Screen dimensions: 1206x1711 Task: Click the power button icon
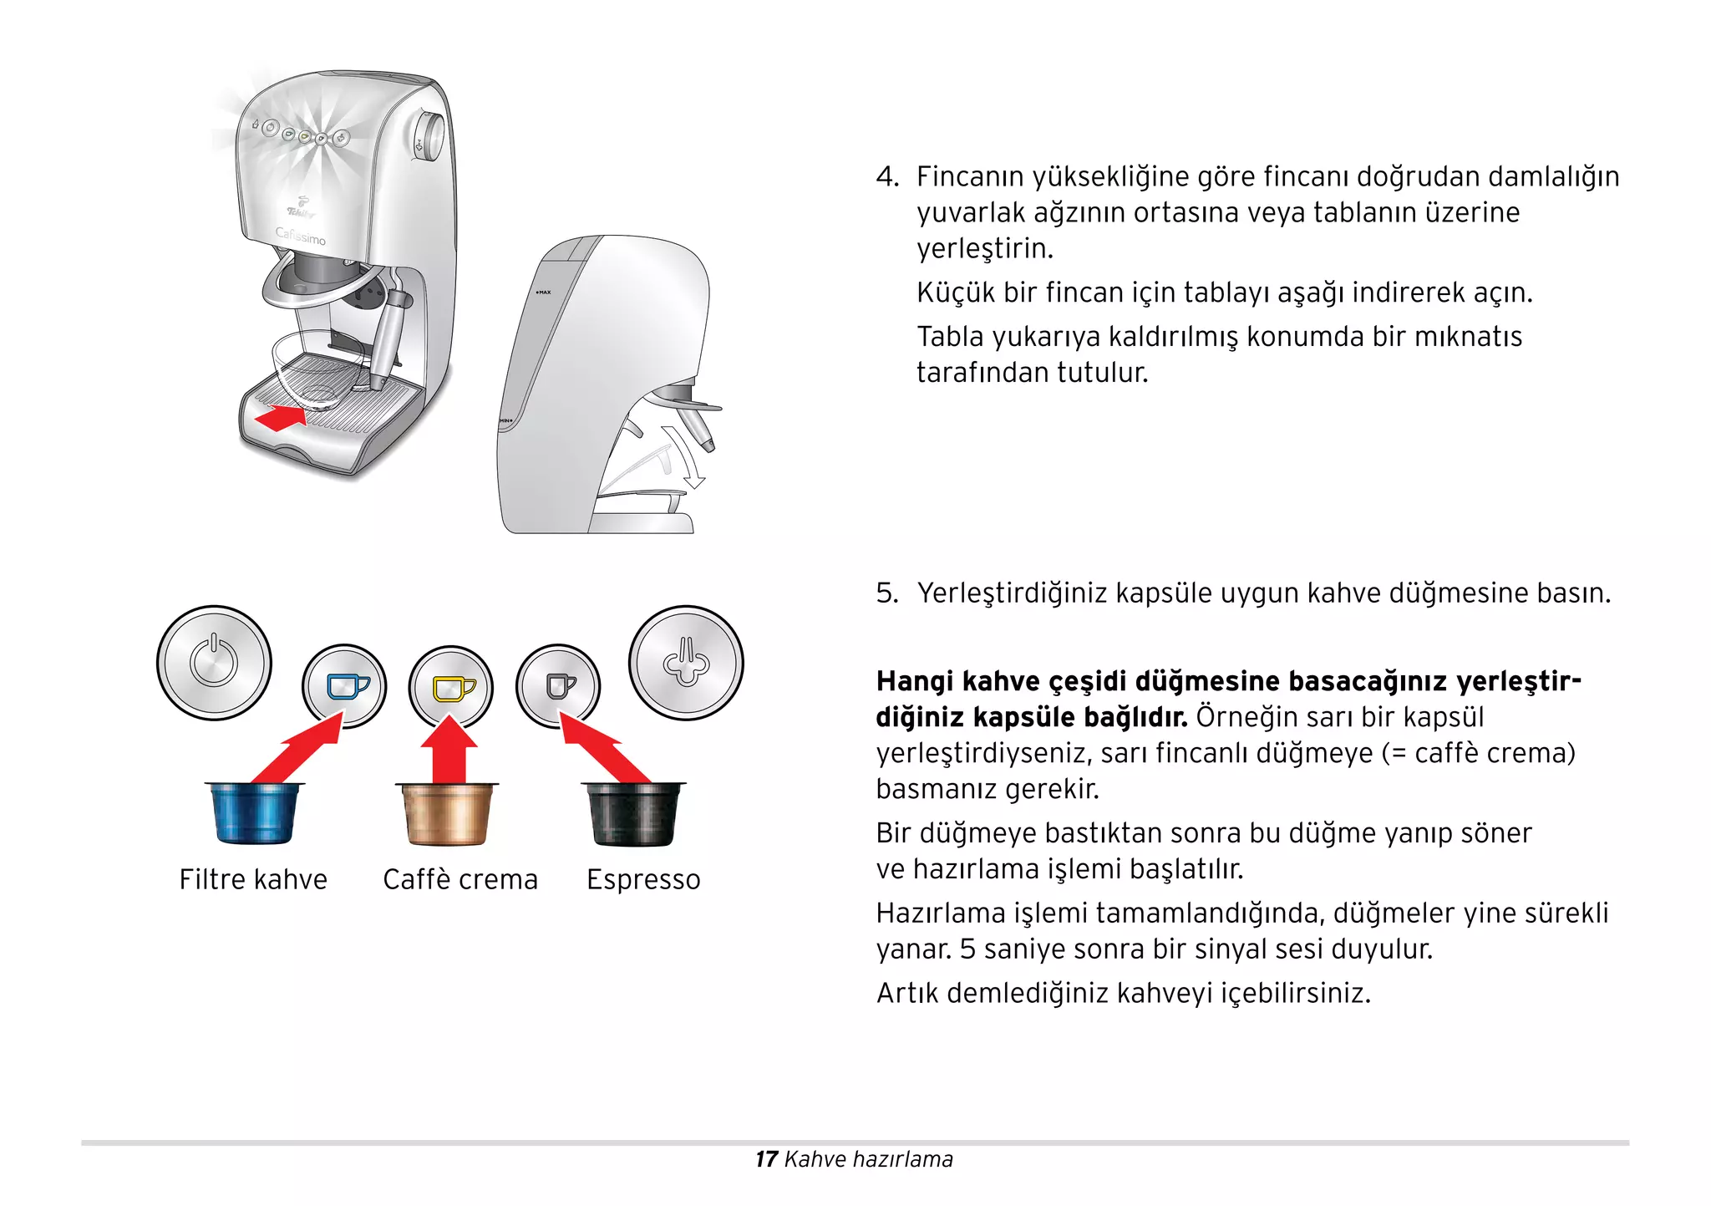pos(214,663)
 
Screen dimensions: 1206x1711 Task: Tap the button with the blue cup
pos(345,687)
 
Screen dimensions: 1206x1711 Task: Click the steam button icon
pos(686,663)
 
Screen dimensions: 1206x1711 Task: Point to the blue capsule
pos(253,813)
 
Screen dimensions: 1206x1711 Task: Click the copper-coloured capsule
pos(447,814)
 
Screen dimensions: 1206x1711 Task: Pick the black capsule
pos(632,813)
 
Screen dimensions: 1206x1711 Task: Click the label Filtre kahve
pos(253,880)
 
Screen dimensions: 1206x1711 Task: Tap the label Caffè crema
pos(460,880)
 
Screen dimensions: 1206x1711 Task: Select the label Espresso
pos(643,880)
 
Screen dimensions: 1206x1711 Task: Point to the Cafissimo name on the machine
pos(301,237)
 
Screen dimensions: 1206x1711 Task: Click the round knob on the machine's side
pos(430,136)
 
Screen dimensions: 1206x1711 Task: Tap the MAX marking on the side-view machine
pos(544,293)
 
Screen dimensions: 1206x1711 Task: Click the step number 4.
pos(886,177)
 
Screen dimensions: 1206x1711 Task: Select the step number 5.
pos(886,593)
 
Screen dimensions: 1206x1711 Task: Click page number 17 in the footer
pos(766,1159)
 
